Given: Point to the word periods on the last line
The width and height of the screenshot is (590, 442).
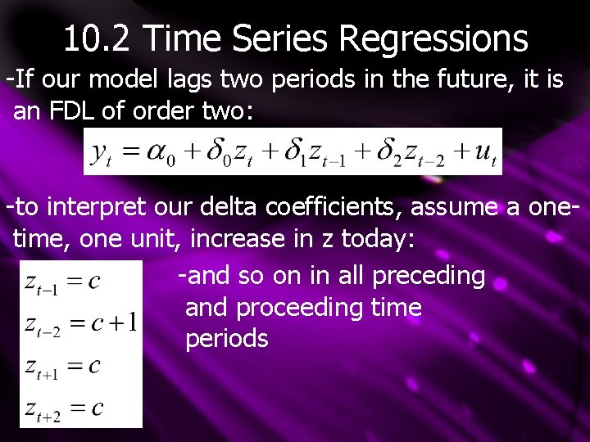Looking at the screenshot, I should [227, 339].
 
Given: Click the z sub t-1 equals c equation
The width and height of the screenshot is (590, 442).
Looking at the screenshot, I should [63, 282].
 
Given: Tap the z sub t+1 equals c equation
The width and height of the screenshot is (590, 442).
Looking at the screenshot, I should [63, 365].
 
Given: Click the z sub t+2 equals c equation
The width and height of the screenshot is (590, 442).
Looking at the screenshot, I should [64, 408].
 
